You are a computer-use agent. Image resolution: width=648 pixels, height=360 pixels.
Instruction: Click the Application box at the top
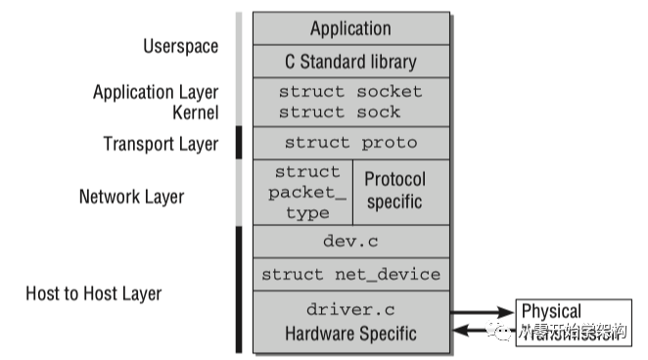click(350, 28)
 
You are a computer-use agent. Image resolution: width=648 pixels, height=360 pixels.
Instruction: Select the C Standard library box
click(350, 62)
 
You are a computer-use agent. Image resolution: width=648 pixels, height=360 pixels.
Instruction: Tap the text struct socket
click(350, 92)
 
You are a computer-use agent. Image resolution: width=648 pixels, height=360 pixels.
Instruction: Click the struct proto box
click(350, 143)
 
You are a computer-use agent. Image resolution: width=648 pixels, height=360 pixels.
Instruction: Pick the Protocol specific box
click(394, 192)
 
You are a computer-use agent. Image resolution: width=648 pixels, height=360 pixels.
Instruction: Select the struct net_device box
click(350, 275)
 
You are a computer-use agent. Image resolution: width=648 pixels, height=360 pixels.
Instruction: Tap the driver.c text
click(350, 310)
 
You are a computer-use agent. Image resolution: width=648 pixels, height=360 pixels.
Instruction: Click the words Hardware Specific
click(350, 335)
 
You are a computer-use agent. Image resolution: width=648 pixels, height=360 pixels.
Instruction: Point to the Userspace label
click(180, 46)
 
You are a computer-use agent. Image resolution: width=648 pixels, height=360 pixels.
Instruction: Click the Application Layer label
click(156, 93)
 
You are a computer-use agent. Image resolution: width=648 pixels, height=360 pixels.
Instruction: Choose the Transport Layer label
click(161, 145)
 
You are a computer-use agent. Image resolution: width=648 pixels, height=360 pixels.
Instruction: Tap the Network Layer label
click(131, 197)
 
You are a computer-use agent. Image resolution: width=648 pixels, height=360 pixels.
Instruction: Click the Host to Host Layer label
click(93, 292)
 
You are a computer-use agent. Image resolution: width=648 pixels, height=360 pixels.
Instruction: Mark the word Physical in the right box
click(550, 311)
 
